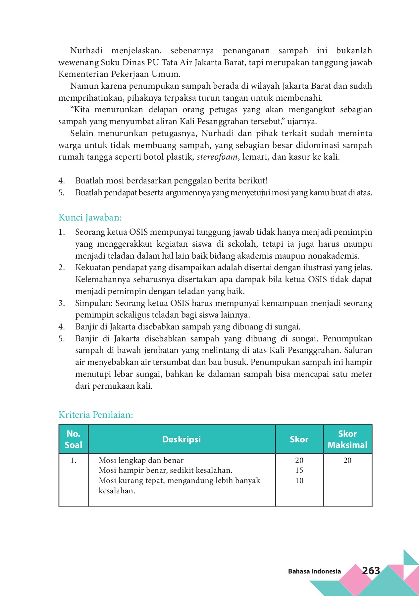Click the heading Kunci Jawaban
pos(90,218)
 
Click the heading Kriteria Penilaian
pos(96,415)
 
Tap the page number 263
pos(371,571)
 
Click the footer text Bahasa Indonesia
pos(314,571)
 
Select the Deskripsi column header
pos(182,439)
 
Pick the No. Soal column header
pos(73,439)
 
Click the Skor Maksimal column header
pos(347,439)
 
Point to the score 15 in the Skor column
pos(299,470)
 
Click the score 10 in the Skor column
pos(299,480)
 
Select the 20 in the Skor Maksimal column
pos(347,460)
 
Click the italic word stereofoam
pos(217,157)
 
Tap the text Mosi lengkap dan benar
pos(141,460)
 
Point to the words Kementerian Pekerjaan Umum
pos(119,74)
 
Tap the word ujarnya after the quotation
pos(302,122)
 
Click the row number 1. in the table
pos(73,460)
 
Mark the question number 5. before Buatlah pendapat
pos(62,193)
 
